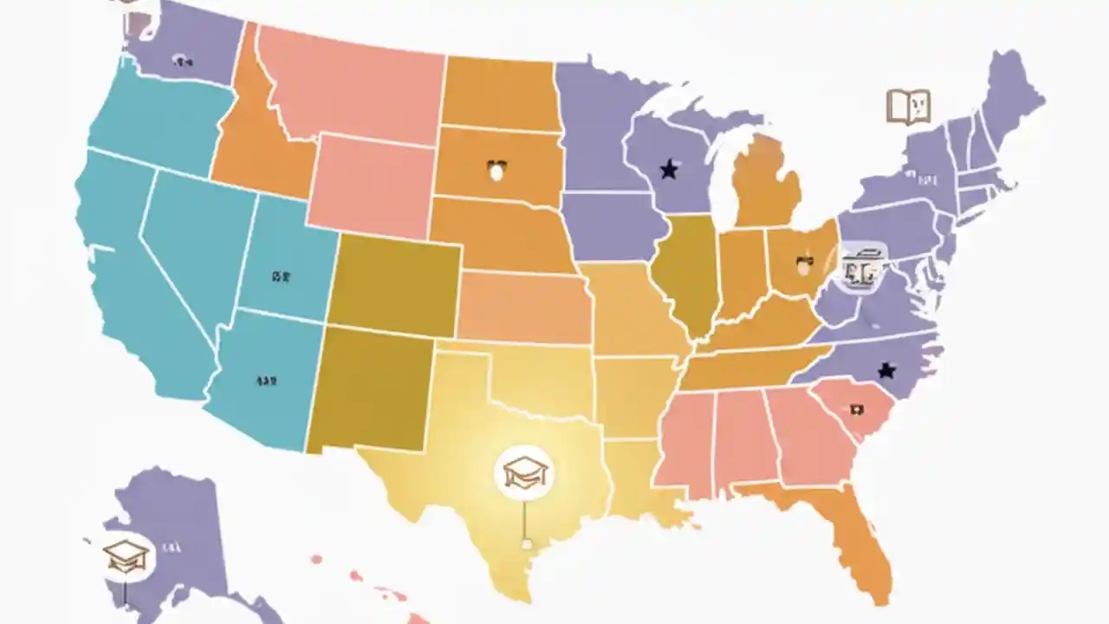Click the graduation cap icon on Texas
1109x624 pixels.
click(x=525, y=471)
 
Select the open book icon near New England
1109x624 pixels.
click(x=908, y=107)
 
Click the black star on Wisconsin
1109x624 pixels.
click(x=668, y=169)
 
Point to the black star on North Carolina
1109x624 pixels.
click(x=886, y=370)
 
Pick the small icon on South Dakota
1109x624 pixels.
click(x=496, y=169)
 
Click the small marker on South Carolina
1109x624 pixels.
click(x=857, y=409)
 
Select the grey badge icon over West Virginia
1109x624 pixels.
click(x=862, y=267)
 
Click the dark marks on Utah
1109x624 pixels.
click(x=280, y=277)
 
